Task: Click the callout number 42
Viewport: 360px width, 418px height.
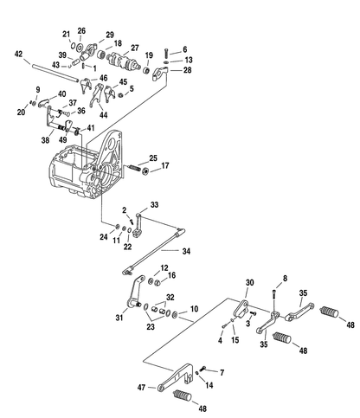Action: pyautogui.click(x=18, y=54)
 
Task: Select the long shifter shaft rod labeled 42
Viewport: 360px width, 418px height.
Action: pyautogui.click(x=55, y=74)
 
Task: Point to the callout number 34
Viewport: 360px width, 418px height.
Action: pyautogui.click(x=186, y=251)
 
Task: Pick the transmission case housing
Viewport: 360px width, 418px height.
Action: pyautogui.click(x=86, y=166)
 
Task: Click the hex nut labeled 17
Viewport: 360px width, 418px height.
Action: pyautogui.click(x=145, y=171)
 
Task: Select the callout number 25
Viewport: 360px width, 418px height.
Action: pyautogui.click(x=153, y=158)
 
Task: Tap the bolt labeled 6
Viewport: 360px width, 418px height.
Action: pyautogui.click(x=167, y=53)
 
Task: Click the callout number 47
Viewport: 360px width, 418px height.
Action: pyautogui.click(x=141, y=387)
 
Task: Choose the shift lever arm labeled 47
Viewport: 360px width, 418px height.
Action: pyautogui.click(x=176, y=377)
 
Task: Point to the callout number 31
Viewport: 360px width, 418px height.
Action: pyautogui.click(x=119, y=318)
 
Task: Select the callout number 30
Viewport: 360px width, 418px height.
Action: pyautogui.click(x=249, y=282)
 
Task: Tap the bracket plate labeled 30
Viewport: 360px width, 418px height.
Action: pyautogui.click(x=241, y=309)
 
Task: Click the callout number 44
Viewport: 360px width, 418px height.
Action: pyautogui.click(x=103, y=115)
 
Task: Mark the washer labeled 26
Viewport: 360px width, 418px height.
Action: pyautogui.click(x=80, y=46)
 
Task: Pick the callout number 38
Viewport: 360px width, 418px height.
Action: pyautogui.click(x=45, y=140)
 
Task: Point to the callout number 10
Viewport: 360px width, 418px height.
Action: pyautogui.click(x=194, y=309)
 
